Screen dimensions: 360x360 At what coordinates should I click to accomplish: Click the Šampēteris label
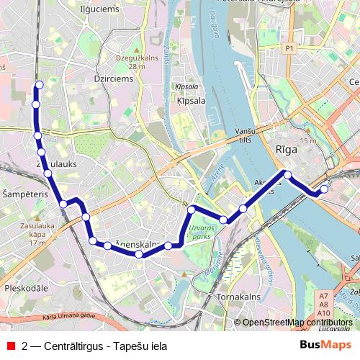[x=24, y=195]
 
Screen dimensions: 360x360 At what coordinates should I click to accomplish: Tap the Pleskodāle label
[x=24, y=287]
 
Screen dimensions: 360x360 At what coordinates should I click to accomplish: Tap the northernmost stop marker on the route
[x=39, y=86]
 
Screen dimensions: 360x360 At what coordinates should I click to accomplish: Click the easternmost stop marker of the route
[x=324, y=189]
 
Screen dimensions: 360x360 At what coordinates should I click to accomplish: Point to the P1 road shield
[x=289, y=48]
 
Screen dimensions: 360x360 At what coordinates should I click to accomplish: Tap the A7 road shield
[x=323, y=296]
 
